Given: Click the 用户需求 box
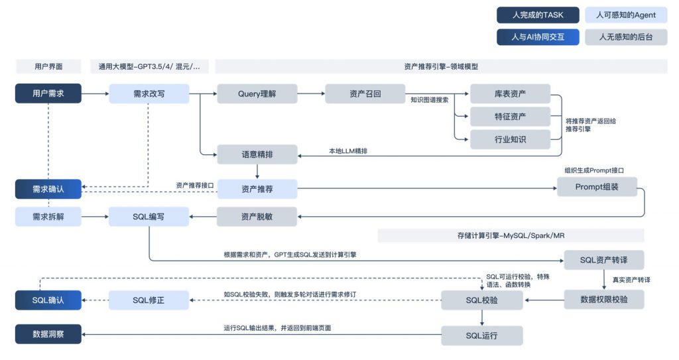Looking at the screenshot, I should (x=48, y=93).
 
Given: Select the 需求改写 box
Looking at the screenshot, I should (x=149, y=93).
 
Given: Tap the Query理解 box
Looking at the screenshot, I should (x=257, y=93).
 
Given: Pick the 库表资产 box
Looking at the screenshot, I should (x=511, y=93).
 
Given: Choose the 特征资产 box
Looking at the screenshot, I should (x=511, y=117).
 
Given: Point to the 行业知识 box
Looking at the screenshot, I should (x=511, y=140).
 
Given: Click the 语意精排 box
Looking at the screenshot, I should (x=257, y=154).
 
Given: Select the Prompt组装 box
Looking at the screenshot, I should (x=597, y=187).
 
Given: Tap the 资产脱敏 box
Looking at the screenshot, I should (x=257, y=216).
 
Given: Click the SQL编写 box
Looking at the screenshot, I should (x=149, y=216).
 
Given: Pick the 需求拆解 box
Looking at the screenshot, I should (x=48, y=216).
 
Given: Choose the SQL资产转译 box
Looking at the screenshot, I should (x=603, y=259).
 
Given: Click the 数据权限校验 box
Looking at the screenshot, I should (x=603, y=300).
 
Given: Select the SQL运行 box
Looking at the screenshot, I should (x=482, y=335).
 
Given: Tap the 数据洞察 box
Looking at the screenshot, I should (x=48, y=334).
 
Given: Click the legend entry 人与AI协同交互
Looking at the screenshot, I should (x=538, y=37).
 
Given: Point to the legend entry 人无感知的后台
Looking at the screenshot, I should (x=625, y=37).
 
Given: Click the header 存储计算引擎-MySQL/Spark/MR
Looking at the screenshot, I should (x=511, y=235).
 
